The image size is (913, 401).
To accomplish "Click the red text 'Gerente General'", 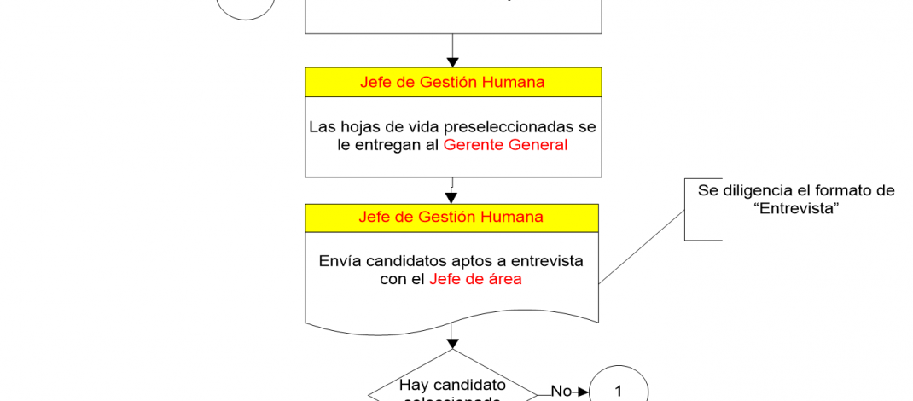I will coord(505,145).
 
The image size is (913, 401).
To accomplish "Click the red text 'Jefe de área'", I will coord(476,279).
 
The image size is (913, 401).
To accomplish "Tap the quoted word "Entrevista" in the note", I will coord(796,209).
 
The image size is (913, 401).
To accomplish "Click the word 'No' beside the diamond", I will coord(561,391).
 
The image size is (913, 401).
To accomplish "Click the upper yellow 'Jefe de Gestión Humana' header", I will coord(452,83).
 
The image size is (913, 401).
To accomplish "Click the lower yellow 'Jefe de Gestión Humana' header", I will coord(452,217).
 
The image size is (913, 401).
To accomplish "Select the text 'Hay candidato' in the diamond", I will coord(452,385).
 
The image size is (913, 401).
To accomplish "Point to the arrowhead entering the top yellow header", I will coord(453,62).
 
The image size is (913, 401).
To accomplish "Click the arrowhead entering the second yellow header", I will coord(452,198).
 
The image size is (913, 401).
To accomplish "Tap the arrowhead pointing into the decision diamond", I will coord(453,343).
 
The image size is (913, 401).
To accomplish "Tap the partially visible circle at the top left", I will coord(246,7).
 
